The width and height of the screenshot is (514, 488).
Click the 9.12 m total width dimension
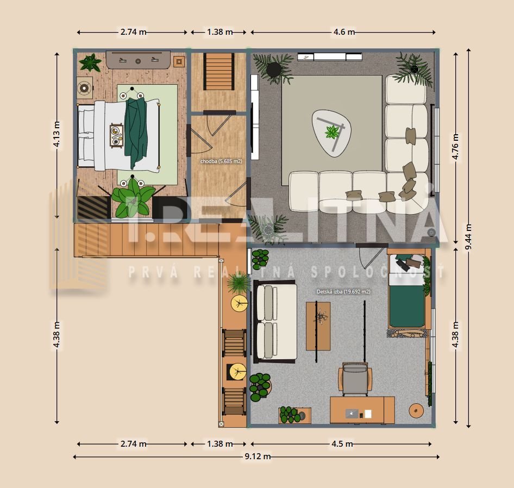[x=258, y=456]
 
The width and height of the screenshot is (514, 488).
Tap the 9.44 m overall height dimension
[x=468, y=237]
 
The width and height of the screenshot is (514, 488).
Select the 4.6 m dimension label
[x=344, y=32]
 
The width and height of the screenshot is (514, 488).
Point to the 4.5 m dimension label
[x=342, y=444]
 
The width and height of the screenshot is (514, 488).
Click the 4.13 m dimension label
[x=57, y=134]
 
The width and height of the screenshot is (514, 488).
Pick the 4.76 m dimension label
[x=455, y=147]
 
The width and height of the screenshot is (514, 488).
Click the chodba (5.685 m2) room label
[x=221, y=161]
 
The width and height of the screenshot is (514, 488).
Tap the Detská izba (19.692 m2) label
[x=343, y=292]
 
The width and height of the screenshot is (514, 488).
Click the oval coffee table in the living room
[x=331, y=133]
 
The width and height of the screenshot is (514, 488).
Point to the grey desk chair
[x=355, y=379]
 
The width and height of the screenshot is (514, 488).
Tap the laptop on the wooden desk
[x=352, y=414]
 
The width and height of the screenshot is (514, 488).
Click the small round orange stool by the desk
[x=416, y=411]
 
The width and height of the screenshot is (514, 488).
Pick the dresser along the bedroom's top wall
[x=138, y=59]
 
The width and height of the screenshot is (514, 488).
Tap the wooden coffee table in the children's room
[x=318, y=326]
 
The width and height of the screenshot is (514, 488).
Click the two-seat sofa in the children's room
[x=275, y=322]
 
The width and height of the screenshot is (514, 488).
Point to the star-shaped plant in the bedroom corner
[x=90, y=62]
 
